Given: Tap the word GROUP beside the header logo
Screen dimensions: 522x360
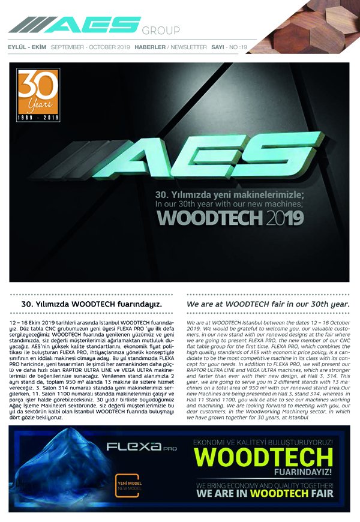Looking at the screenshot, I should coord(161,31).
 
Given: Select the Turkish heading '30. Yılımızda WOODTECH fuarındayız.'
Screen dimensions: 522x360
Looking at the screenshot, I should coord(92,305).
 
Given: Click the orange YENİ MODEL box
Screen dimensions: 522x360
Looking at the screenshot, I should coord(131,485).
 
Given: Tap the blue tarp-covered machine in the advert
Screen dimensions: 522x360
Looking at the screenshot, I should coord(57,468).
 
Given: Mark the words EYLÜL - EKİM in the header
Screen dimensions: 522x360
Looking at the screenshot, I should coord(26,47).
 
